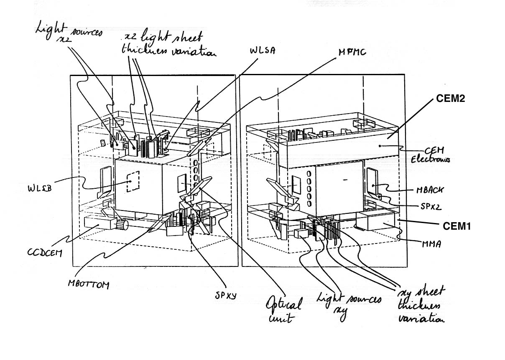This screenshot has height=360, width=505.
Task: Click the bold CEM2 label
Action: coord(450,99)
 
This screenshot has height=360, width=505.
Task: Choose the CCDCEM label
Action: coord(45,252)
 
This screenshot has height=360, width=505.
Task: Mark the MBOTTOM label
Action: coord(88,285)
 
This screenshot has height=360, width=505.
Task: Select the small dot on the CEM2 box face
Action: coord(379,146)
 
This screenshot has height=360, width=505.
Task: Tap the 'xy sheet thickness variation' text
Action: coord(421,304)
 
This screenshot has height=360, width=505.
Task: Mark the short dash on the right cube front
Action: coord(345,179)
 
